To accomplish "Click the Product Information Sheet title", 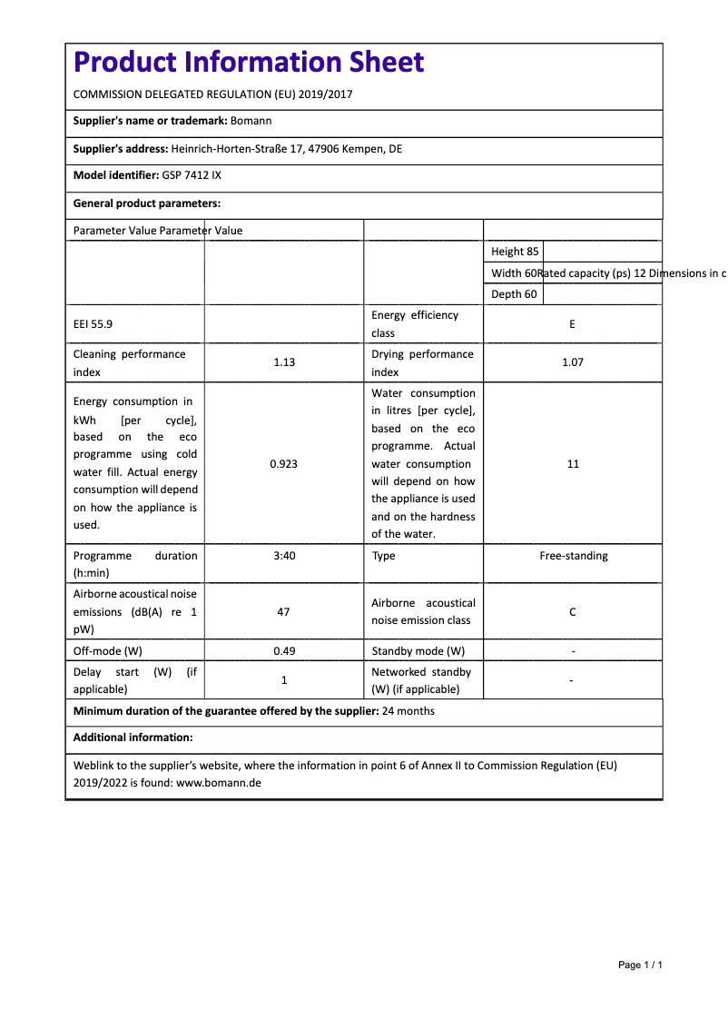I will click(248, 62).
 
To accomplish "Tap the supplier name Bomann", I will click(251, 120).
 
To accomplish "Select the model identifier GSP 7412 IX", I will click(192, 174).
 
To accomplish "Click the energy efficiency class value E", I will click(572, 324).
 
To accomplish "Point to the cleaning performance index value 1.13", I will click(283, 362).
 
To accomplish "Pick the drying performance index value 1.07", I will click(572, 362).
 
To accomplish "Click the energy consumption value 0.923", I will click(283, 463).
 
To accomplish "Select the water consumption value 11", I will click(572, 463).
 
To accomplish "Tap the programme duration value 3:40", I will click(283, 555).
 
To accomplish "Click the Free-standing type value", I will click(573, 555).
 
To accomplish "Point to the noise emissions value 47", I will click(283, 611).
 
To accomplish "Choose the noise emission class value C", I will click(572, 611).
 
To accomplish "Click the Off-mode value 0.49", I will click(283, 650).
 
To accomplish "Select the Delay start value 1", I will click(283, 680).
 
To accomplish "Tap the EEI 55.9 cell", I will click(93, 324).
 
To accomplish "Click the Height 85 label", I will click(514, 252).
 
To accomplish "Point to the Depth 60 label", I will click(514, 294).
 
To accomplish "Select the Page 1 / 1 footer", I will click(640, 965).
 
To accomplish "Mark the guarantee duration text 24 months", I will click(408, 711).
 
